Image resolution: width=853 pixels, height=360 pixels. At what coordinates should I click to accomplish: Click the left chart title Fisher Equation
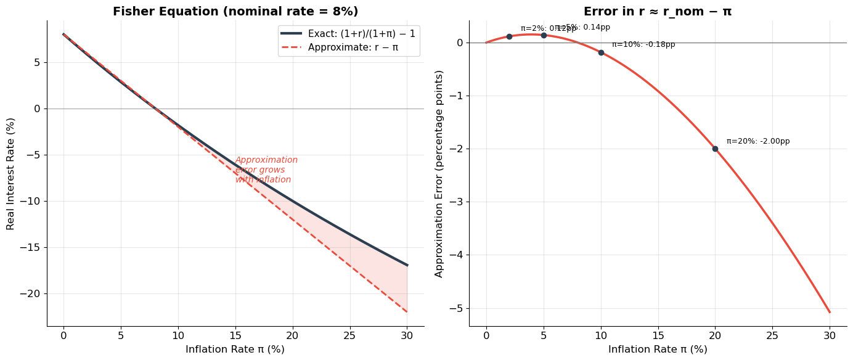coord(235,11)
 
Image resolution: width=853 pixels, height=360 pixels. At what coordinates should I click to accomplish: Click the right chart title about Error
coord(657,11)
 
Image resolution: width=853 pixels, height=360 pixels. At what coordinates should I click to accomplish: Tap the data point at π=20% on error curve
coord(715,149)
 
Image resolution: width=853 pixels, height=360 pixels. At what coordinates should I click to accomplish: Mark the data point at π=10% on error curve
coord(601,52)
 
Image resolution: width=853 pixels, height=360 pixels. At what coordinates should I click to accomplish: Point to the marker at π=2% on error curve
coord(509,36)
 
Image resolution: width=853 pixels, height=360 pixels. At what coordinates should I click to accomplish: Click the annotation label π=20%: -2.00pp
coord(757,141)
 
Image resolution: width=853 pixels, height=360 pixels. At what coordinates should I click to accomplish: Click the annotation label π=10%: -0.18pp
coord(643,44)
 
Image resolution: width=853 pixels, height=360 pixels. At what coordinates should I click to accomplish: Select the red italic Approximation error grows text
coord(266,170)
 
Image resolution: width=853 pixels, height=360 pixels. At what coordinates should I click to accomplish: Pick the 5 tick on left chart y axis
coord(36,62)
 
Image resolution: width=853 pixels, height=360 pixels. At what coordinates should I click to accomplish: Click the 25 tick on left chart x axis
coord(349,335)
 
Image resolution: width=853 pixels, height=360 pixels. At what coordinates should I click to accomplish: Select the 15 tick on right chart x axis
coord(658,335)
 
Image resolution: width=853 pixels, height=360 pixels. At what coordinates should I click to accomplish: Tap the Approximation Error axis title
coord(439,173)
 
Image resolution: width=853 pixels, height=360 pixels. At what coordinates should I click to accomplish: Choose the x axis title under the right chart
coord(657,350)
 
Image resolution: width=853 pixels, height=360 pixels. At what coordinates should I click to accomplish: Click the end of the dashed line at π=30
coord(407,312)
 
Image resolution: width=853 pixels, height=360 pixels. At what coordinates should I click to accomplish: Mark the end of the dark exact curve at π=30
coord(407,265)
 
